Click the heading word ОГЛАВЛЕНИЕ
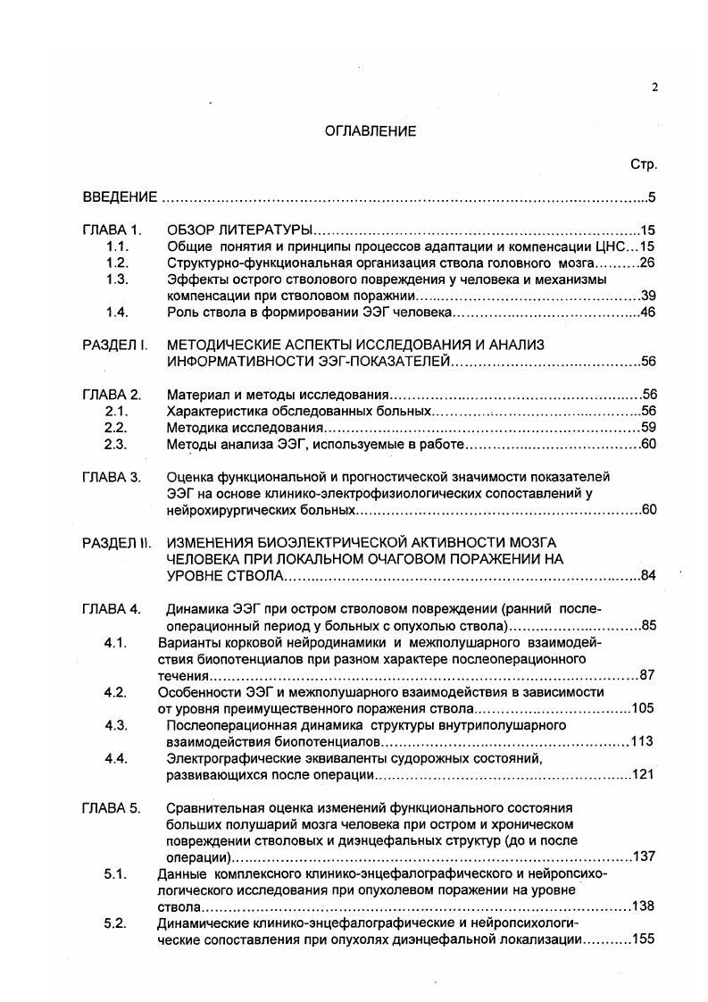[x=370, y=131]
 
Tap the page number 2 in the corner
[x=654, y=87]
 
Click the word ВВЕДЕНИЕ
[x=120, y=196]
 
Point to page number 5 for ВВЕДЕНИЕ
[x=653, y=197]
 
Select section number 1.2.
[x=117, y=263]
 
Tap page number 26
[x=648, y=263]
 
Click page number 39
[x=648, y=296]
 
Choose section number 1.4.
[x=117, y=312]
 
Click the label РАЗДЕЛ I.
[x=114, y=345]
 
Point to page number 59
[x=648, y=427]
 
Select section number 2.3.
[x=117, y=444]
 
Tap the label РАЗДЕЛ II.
[x=116, y=542]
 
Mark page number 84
[x=648, y=575]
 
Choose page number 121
[x=644, y=774]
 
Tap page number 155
[x=644, y=939]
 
